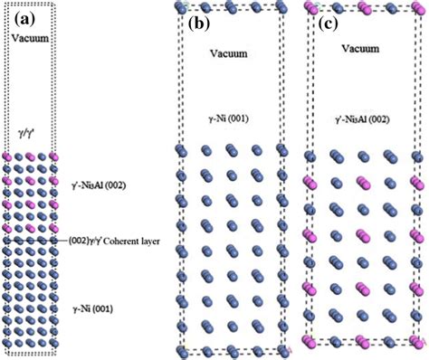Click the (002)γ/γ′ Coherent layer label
(x=114, y=242)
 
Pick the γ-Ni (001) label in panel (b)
(x=229, y=118)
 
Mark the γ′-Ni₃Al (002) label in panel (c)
(x=360, y=118)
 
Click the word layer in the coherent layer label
(x=150, y=242)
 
